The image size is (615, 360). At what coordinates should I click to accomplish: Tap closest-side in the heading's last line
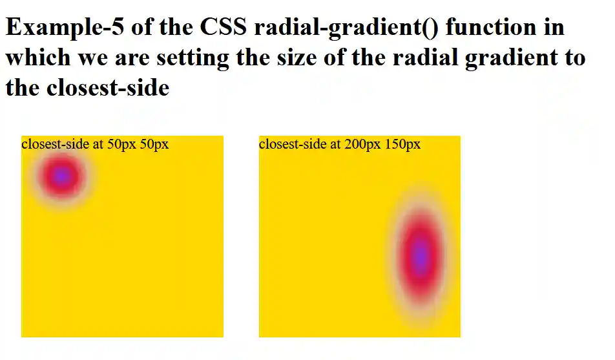coord(107,87)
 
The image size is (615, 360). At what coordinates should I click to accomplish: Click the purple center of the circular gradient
coord(61,176)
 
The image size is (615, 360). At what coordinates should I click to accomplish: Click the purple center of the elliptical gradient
coord(421,253)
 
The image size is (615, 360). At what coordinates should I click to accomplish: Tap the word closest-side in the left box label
coord(55,143)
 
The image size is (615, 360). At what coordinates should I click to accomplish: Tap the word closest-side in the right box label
coord(293,143)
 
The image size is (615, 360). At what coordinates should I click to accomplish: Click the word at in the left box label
coord(98,143)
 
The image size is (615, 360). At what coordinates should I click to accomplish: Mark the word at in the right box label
coord(336,143)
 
